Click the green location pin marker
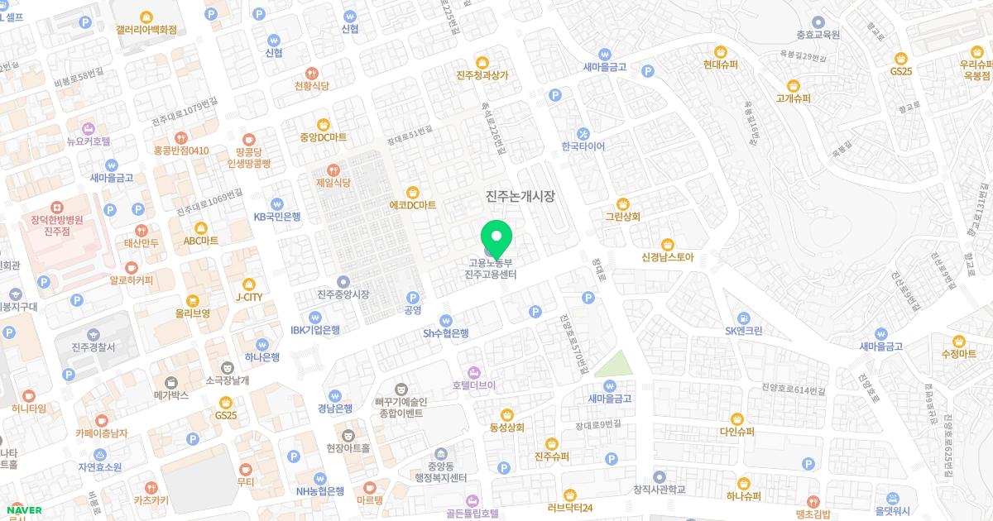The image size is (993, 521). coord(496,237)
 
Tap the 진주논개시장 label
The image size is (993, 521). coord(520,196)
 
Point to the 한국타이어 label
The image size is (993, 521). coord(583,146)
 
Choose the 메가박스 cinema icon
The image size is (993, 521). coord(171,382)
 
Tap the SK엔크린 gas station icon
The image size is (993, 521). coord(743,318)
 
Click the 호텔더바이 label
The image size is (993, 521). coord(473,385)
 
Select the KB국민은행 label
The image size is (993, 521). coord(277,217)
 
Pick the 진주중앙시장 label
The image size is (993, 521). coord(343,294)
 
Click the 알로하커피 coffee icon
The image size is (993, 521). coord(132,268)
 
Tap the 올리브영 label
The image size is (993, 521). coord(192,313)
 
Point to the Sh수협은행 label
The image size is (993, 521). coord(446,333)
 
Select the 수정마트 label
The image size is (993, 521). coord(958,354)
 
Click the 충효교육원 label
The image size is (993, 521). coord(818,35)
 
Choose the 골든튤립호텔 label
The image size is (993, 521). coord(472,514)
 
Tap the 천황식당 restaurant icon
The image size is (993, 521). coord(312,72)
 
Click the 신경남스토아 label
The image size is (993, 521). coord(667,256)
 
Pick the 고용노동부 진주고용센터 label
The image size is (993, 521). coord(491,269)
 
